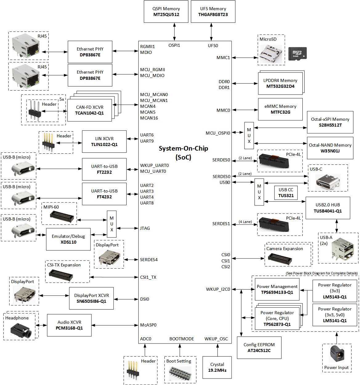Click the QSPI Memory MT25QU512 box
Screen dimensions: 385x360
click(166, 11)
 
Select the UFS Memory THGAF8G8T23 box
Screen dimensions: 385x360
click(213, 11)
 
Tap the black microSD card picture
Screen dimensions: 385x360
click(297, 54)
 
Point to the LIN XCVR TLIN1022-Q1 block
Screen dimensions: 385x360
click(104, 141)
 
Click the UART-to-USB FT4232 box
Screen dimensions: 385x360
click(104, 194)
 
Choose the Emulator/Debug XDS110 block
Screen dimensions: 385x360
click(68, 239)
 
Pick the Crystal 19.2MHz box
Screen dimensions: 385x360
click(217, 367)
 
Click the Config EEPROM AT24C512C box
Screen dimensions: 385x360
click(259, 347)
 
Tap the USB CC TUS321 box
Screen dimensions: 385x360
click(286, 192)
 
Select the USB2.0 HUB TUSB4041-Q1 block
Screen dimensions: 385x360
click(328, 208)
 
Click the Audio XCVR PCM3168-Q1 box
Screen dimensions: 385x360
click(69, 325)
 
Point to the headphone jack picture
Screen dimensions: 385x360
click(21, 331)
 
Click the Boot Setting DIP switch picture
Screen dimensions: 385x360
click(179, 373)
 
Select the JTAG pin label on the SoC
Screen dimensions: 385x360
click(145, 228)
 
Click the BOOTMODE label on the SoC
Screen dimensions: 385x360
click(182, 339)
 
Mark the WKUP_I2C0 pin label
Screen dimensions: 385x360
click(218, 289)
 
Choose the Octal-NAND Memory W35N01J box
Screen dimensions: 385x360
click(330, 148)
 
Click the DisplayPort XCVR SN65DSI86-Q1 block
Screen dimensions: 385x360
click(91, 298)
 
